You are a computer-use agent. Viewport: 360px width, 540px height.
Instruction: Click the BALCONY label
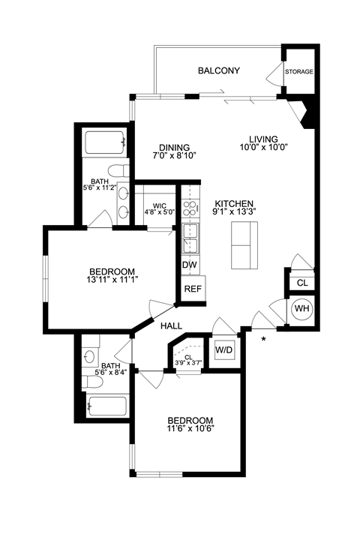coord(218,71)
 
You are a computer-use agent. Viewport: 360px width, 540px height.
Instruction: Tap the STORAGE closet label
coord(298,72)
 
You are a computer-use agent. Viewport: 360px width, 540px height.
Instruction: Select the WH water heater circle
coord(301,308)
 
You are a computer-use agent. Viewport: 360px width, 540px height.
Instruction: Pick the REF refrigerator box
coord(192,289)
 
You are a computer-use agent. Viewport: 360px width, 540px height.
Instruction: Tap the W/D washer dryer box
coord(223,349)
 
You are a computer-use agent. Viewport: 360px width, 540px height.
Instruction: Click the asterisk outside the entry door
coord(263,340)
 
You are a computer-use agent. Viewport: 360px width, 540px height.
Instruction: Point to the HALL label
coord(173,325)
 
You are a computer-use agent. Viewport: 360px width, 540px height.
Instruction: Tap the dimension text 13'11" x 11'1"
coord(112,280)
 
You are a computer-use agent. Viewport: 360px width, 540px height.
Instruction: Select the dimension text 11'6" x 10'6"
coord(190,430)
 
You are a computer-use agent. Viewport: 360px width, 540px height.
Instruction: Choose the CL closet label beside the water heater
coord(301,283)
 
